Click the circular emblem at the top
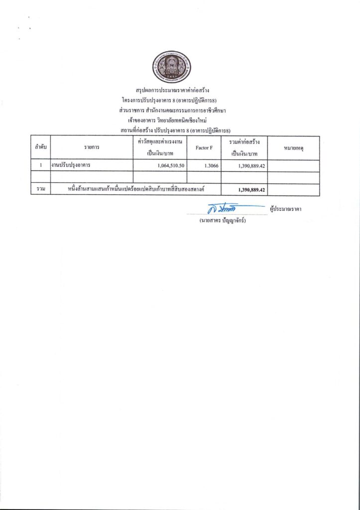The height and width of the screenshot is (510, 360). coord(171,66)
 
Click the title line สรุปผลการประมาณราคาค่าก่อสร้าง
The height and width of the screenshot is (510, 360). coord(172,91)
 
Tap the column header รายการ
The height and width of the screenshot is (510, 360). coord(92,147)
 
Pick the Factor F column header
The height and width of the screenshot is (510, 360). coord(204,148)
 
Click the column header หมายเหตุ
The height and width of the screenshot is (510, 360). coord(293,147)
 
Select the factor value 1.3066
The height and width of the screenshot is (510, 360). coord(204,165)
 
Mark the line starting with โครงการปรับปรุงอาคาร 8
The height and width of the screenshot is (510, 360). coord(172,100)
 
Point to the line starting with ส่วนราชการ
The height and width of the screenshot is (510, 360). coord(172,110)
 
